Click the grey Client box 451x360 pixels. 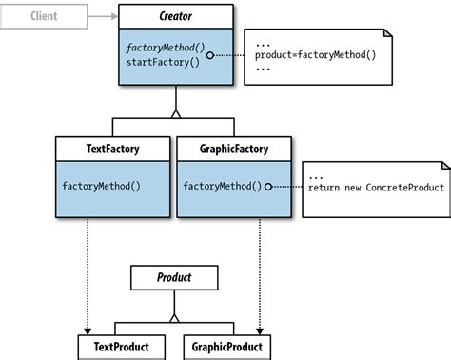tap(43, 16)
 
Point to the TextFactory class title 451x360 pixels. tap(113, 149)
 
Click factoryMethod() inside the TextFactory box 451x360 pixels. tap(102, 186)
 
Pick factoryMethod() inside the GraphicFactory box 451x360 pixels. tap(222, 186)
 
